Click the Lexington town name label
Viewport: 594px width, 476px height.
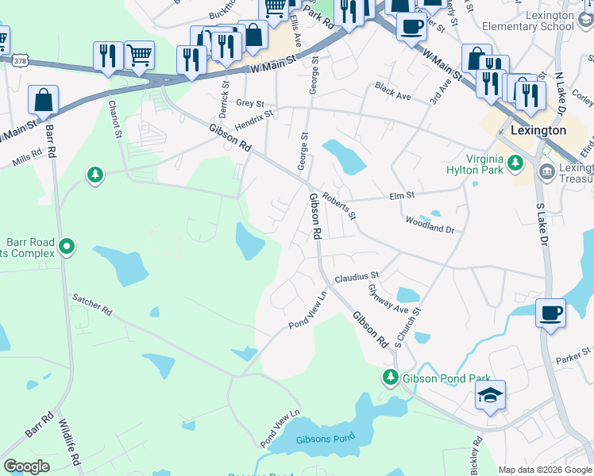pos(538,130)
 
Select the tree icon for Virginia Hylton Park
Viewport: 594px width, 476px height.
pos(515,163)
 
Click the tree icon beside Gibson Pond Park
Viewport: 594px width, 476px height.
pos(390,377)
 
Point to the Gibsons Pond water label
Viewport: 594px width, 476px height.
pos(325,440)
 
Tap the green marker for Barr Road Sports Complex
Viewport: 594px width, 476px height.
pos(67,248)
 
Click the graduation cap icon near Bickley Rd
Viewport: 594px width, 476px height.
pos(491,394)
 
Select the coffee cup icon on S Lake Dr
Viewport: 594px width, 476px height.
pos(551,312)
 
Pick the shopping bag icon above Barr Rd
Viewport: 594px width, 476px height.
pos(43,100)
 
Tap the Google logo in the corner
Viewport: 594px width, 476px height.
pos(27,466)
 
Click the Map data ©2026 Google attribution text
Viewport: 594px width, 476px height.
pos(545,470)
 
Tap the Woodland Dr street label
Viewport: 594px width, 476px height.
pos(429,225)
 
